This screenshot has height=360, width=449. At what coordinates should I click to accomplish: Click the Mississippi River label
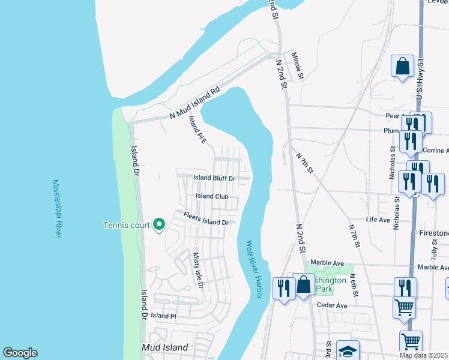(57, 208)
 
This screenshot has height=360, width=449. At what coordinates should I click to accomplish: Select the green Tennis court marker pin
(159, 225)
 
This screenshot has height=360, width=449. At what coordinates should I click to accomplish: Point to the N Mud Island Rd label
(195, 103)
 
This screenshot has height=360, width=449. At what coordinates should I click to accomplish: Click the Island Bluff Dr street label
(214, 178)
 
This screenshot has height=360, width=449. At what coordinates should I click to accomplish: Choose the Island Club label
(212, 196)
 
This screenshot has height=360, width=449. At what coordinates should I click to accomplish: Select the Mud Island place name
(165, 347)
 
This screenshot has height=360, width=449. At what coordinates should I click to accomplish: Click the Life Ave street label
(378, 220)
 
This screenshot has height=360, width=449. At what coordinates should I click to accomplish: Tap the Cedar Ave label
(333, 305)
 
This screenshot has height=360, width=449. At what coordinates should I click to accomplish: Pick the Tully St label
(435, 247)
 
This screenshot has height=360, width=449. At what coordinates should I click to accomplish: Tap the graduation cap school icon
(348, 351)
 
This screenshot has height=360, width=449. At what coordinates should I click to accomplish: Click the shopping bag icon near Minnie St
(402, 65)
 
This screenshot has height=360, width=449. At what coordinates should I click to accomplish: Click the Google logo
(20, 353)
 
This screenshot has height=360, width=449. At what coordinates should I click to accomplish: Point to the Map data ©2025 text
(423, 355)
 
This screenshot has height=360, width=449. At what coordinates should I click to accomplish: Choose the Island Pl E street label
(197, 129)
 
